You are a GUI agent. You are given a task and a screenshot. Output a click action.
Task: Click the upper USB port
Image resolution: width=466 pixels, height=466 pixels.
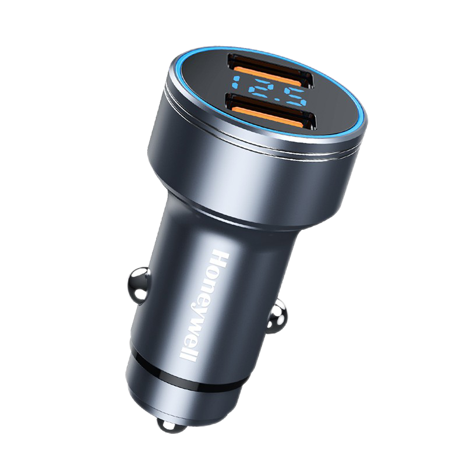click(x=270, y=70)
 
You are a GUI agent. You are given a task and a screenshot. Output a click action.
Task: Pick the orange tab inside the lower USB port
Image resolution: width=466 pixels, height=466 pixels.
click(x=271, y=118)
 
